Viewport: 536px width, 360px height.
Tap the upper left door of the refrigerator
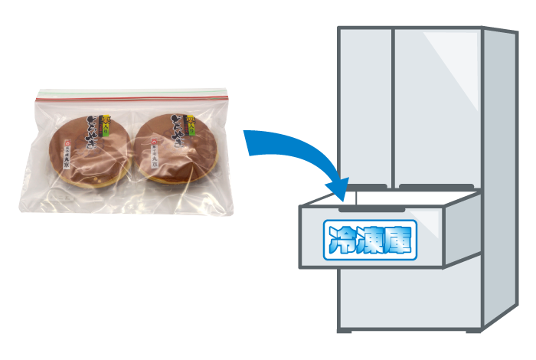(365, 107)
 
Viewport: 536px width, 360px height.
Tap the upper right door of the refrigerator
(436, 107)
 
